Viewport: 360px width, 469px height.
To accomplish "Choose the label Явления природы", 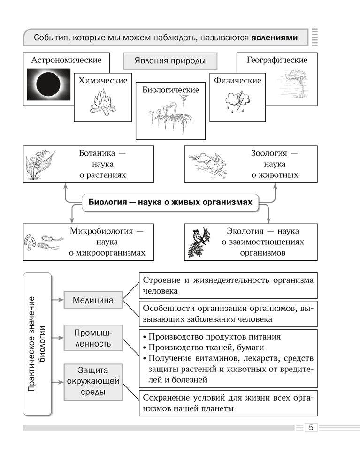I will pyautogui.click(x=170, y=61).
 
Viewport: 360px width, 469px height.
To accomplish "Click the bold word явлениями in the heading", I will pyautogui.click(x=274, y=37).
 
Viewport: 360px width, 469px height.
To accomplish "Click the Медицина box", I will pyautogui.click(x=92, y=300).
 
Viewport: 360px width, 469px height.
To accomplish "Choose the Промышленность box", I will pyautogui.click(x=92, y=338).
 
